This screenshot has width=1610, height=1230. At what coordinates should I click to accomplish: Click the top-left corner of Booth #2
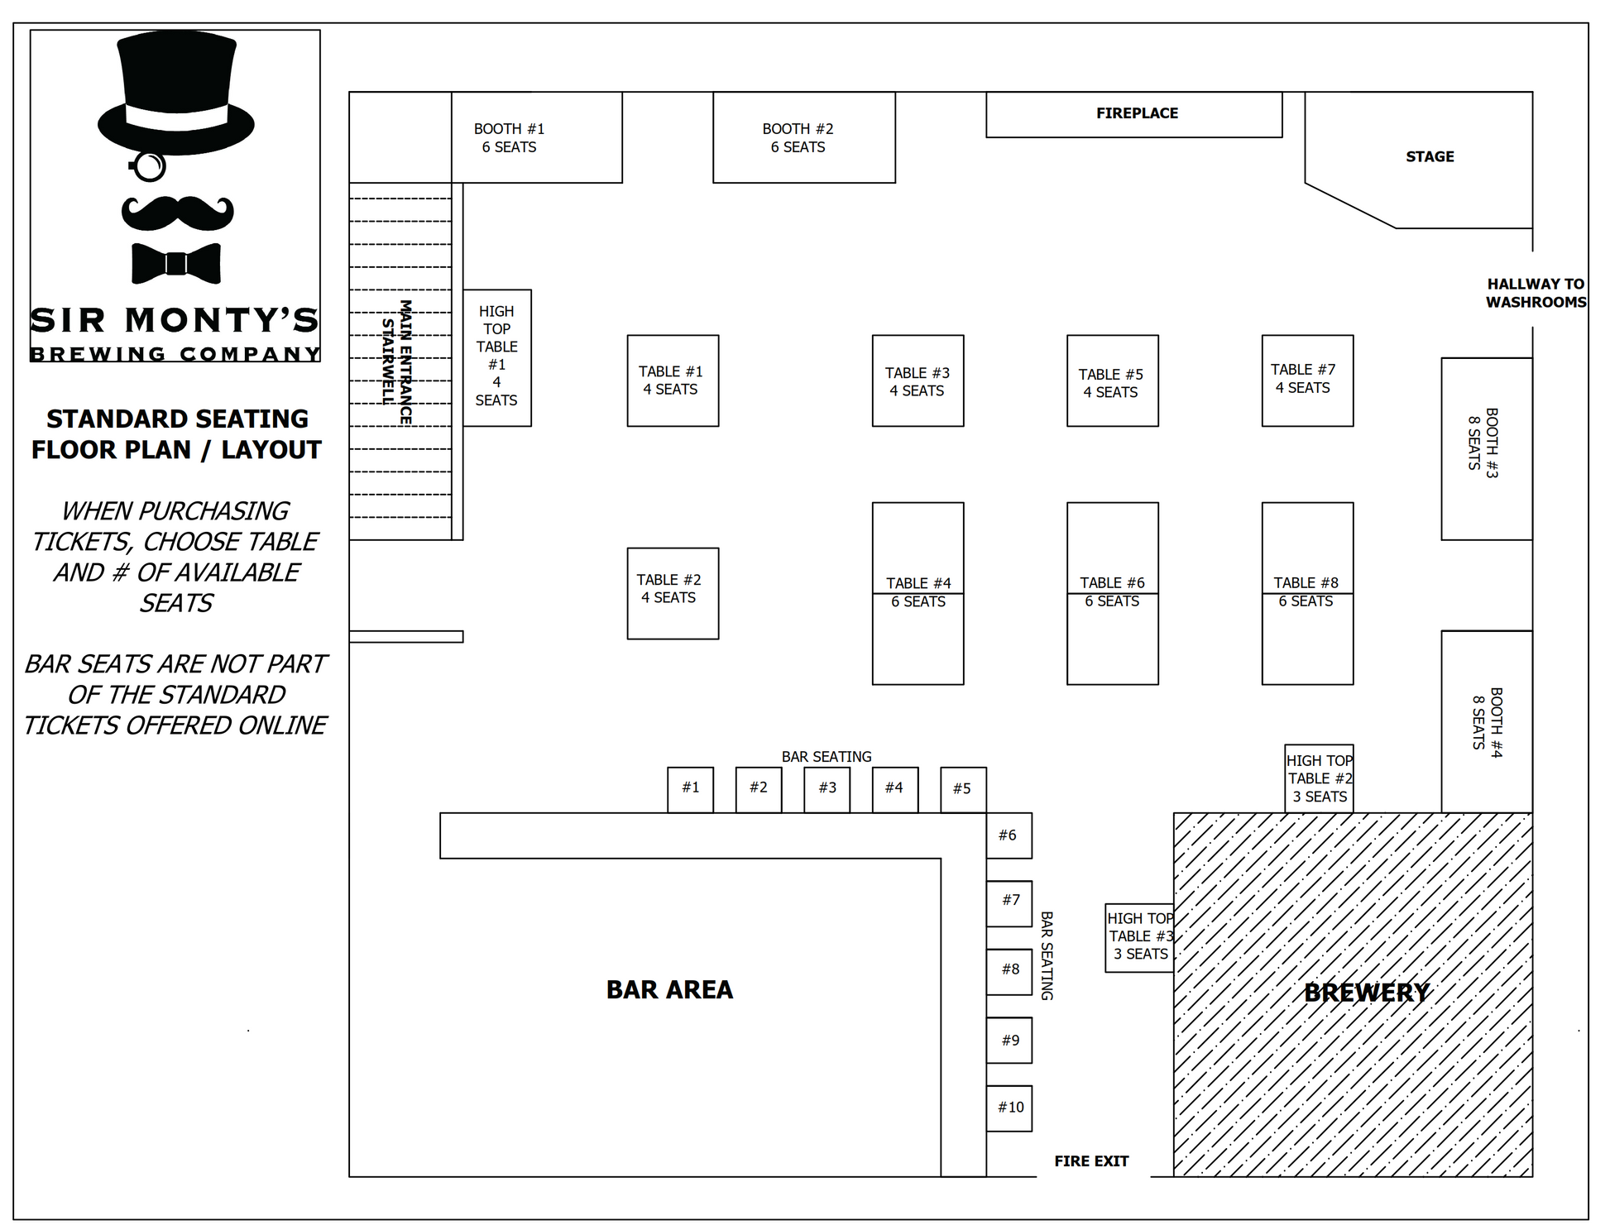pos(713,92)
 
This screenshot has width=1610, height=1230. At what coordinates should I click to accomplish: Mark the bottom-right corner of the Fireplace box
pos(1282,137)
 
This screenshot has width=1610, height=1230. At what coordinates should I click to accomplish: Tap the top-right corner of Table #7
pos(1354,335)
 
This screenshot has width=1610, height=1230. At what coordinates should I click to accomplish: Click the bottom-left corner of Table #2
pos(627,639)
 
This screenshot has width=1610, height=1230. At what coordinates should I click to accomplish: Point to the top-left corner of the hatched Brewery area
pos(1174,813)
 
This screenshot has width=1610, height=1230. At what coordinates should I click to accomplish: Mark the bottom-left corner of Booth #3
pos(1441,540)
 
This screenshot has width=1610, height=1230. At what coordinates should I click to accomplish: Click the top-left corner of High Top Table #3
pos(1106,904)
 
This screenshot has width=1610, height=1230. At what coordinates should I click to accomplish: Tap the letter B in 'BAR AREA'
pos(616,990)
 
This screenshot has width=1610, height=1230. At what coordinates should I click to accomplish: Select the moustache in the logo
pos(178,213)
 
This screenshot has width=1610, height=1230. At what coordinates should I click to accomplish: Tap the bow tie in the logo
pos(176,263)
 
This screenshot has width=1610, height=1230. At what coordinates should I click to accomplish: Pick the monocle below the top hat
pos(149,167)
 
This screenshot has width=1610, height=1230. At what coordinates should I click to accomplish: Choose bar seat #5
pos(963,790)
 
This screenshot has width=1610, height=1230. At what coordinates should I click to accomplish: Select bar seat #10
pos(1009,1108)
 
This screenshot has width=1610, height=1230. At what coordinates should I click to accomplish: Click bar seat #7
pos(1009,903)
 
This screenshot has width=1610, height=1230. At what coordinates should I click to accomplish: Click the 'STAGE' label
pos(1430,156)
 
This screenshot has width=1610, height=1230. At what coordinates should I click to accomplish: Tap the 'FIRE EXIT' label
pos(1091,1161)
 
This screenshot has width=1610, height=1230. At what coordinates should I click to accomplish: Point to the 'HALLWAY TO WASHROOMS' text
pos(1536,293)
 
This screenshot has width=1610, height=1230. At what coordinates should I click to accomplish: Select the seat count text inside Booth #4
pos(1478,722)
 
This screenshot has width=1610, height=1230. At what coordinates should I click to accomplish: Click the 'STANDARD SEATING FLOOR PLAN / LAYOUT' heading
pos(177,434)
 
